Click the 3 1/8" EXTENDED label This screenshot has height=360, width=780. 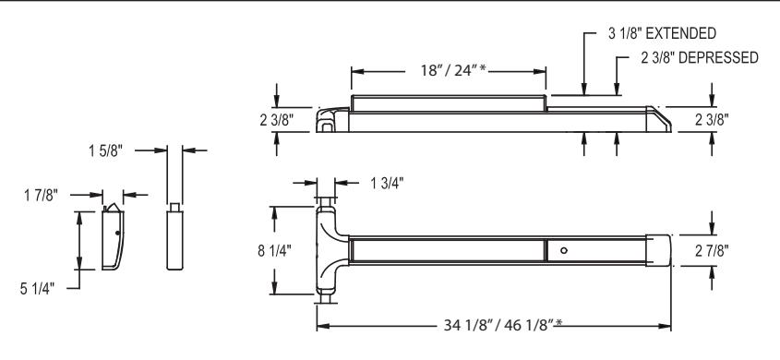click(x=662, y=33)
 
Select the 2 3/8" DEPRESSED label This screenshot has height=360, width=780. click(x=700, y=57)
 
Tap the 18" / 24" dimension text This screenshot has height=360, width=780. click(x=453, y=70)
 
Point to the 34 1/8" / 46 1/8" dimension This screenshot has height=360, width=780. click(x=503, y=325)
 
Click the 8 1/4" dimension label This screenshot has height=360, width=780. click(x=274, y=250)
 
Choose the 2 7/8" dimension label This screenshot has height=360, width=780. click(x=713, y=250)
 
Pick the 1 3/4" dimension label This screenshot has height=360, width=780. click(x=387, y=184)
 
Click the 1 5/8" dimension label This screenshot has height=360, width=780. click(x=105, y=151)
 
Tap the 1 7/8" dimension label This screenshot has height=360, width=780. click(x=41, y=196)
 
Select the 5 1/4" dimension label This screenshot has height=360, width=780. click(x=37, y=288)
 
